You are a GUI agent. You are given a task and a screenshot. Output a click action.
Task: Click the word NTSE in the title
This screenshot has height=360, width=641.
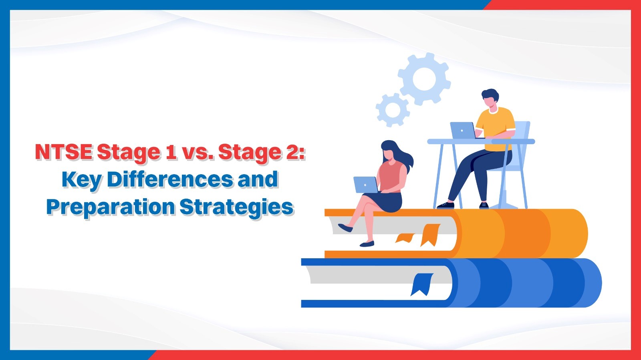64,152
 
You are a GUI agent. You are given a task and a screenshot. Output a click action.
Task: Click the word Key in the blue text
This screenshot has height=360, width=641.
82,180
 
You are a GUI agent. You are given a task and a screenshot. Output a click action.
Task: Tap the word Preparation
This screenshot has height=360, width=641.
110,207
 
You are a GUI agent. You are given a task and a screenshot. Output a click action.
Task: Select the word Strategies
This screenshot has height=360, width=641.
236,207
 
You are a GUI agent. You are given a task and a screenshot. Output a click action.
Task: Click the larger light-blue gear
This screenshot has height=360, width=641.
424,78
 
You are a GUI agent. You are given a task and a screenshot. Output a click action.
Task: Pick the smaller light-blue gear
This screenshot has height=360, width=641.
392,109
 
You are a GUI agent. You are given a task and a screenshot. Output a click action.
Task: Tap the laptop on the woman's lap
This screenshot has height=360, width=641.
365,185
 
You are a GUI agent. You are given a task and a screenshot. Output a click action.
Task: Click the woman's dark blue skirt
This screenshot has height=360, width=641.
387,202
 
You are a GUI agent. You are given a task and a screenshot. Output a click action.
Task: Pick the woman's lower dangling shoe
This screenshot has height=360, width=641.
367,243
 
